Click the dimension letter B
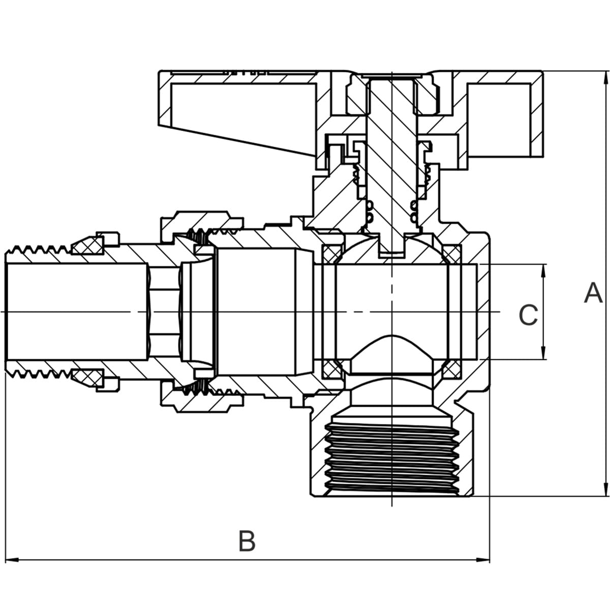pos(247,541)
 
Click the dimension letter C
pos(528,315)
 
